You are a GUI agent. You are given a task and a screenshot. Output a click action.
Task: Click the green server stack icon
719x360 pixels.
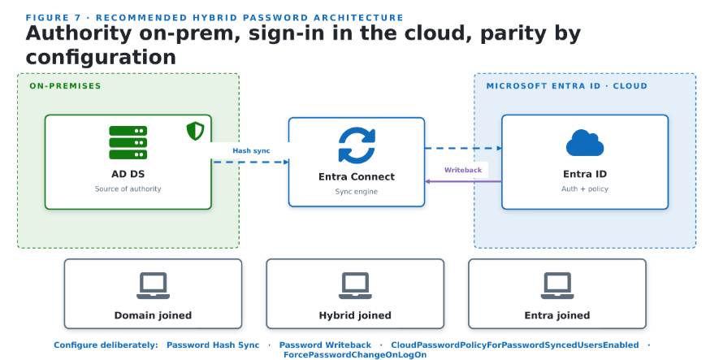(x=128, y=143)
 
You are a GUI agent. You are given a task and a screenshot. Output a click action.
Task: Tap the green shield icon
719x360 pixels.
(x=195, y=131)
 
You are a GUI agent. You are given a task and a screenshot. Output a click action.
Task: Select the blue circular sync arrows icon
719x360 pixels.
(x=357, y=145)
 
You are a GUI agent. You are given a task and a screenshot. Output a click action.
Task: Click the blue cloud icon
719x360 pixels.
(x=585, y=143)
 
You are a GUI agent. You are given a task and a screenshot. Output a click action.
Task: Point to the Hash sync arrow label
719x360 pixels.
(x=251, y=150)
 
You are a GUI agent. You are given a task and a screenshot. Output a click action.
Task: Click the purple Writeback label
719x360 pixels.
(x=462, y=170)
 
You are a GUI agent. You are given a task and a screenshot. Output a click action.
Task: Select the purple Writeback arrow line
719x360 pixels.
(x=463, y=181)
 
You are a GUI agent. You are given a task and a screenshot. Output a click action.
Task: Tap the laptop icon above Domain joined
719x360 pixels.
(x=154, y=286)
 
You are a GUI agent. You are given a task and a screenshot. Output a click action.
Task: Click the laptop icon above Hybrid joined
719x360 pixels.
(x=355, y=286)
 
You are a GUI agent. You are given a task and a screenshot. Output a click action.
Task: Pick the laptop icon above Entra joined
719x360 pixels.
(x=557, y=286)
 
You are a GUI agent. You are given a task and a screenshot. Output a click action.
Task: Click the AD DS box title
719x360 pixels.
(x=128, y=174)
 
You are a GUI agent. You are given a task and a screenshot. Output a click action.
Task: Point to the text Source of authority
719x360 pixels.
(x=128, y=189)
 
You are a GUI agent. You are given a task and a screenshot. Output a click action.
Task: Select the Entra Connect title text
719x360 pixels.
(x=357, y=176)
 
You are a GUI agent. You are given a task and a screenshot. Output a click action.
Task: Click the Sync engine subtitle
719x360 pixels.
(x=357, y=191)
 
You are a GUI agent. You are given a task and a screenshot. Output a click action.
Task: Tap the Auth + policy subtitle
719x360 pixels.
(x=585, y=189)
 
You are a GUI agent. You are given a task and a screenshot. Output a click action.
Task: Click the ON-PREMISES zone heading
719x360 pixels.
(x=65, y=86)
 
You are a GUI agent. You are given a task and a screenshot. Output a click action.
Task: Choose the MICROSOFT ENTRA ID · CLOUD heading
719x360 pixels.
(x=567, y=86)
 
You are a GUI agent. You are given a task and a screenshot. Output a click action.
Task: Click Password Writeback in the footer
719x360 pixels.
(x=325, y=345)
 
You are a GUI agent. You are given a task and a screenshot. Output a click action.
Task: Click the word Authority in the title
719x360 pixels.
(x=79, y=33)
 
